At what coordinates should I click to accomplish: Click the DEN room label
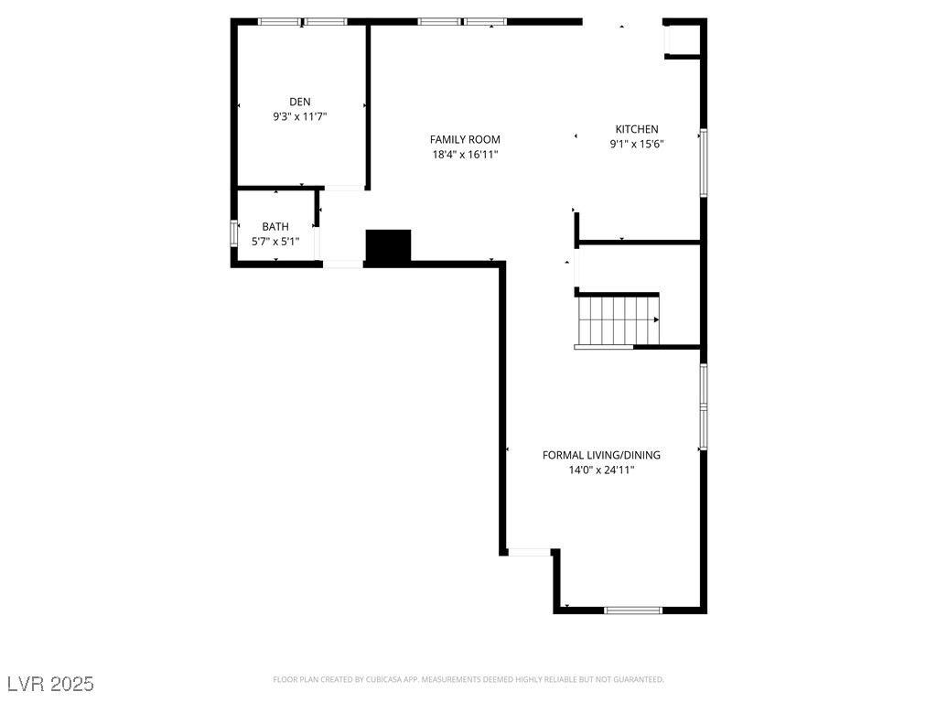click(x=299, y=102)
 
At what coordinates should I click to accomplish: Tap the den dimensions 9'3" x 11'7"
click(x=299, y=117)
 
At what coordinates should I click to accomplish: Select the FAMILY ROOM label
click(x=465, y=139)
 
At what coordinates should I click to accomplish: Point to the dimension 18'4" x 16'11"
click(x=465, y=155)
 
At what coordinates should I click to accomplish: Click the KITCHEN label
click(x=636, y=129)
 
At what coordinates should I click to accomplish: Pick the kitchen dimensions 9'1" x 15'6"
click(x=636, y=144)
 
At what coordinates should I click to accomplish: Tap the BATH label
click(x=275, y=226)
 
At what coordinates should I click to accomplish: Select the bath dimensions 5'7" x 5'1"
click(x=275, y=242)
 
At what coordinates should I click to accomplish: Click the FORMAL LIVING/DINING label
click(x=601, y=455)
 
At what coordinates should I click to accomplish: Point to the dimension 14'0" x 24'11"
click(x=601, y=470)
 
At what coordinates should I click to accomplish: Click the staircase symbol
click(x=617, y=319)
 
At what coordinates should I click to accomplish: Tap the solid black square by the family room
click(x=388, y=246)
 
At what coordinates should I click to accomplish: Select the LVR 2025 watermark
click(x=50, y=684)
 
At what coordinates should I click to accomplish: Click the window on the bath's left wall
click(x=233, y=233)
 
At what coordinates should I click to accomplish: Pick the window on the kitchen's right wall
click(x=703, y=163)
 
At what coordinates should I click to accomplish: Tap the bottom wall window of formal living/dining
click(x=633, y=610)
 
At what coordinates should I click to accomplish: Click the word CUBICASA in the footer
click(x=382, y=679)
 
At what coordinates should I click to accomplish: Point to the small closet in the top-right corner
click(x=683, y=39)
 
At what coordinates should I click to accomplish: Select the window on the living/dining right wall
click(x=703, y=406)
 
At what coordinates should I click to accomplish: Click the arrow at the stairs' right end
click(x=656, y=319)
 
